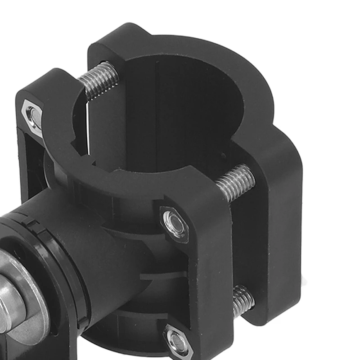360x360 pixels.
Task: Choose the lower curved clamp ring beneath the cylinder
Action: point(130,333)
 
